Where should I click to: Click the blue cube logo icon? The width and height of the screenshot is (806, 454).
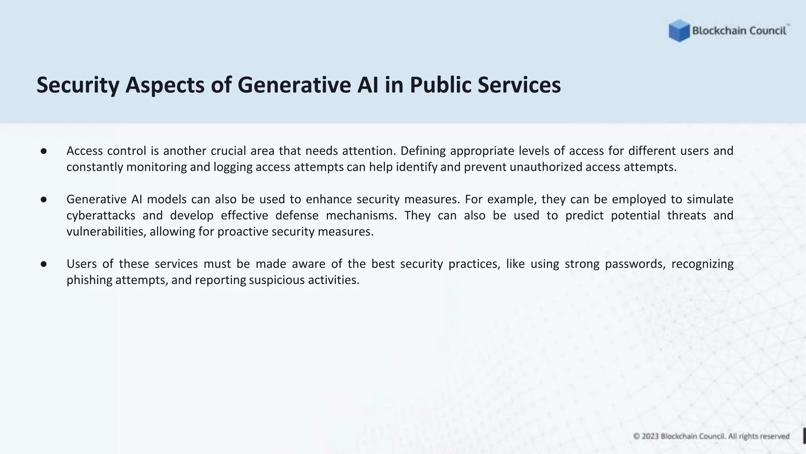point(679,31)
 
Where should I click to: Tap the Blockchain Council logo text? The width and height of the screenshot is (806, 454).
point(739,31)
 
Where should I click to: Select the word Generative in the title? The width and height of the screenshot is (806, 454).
point(294,85)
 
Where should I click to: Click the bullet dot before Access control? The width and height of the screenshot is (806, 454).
point(44,151)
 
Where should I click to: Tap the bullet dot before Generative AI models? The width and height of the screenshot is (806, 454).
point(44,199)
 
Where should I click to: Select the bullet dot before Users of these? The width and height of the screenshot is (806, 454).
point(44,264)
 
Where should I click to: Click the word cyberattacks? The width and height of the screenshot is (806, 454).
point(101,216)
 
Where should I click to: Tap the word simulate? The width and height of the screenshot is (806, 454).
point(710,199)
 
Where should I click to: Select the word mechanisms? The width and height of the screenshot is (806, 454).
point(361,216)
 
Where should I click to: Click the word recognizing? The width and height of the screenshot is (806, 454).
point(702,264)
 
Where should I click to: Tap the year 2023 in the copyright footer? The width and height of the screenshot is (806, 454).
point(650,436)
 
